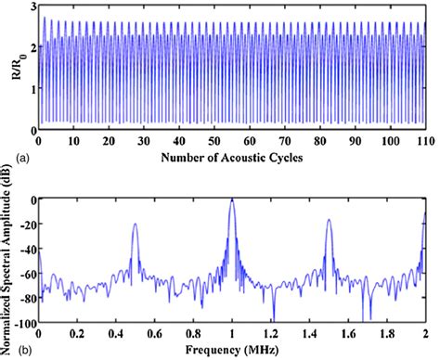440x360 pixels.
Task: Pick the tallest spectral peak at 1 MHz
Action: point(232,200)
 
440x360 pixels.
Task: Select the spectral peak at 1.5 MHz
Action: point(330,223)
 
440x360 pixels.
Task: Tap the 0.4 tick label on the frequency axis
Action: point(116,335)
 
